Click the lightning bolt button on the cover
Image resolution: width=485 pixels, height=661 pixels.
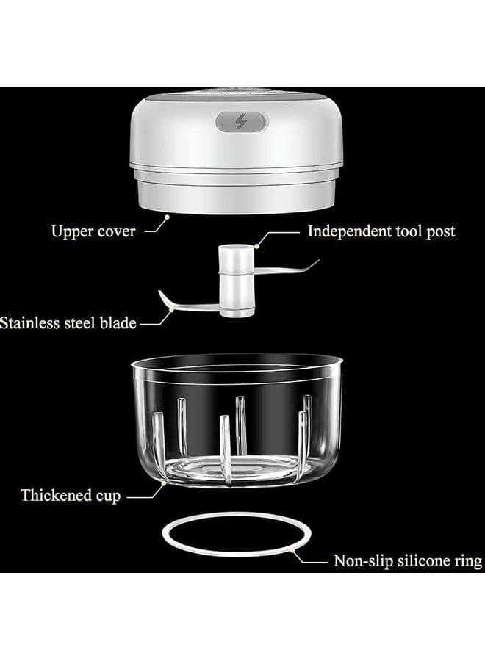tap(241, 122)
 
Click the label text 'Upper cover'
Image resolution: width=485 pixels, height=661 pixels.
tap(93, 231)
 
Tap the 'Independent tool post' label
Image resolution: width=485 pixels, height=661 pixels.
tap(381, 231)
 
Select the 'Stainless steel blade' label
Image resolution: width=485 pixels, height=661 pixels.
tap(68, 323)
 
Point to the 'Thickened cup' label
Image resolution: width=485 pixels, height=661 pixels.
tap(71, 495)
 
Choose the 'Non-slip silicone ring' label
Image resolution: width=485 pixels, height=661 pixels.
tap(408, 560)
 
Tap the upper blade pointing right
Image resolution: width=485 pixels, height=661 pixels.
tap(286, 269)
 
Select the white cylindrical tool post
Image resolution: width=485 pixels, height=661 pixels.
tap(236, 281)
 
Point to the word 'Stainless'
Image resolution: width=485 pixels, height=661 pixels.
tap(30, 323)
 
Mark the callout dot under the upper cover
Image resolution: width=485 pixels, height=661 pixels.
tap(167, 217)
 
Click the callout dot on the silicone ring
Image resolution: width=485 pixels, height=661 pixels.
tap(292, 550)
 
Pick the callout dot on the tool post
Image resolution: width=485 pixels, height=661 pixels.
tap(256, 246)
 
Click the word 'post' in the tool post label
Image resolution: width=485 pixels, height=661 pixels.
tap(441, 232)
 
